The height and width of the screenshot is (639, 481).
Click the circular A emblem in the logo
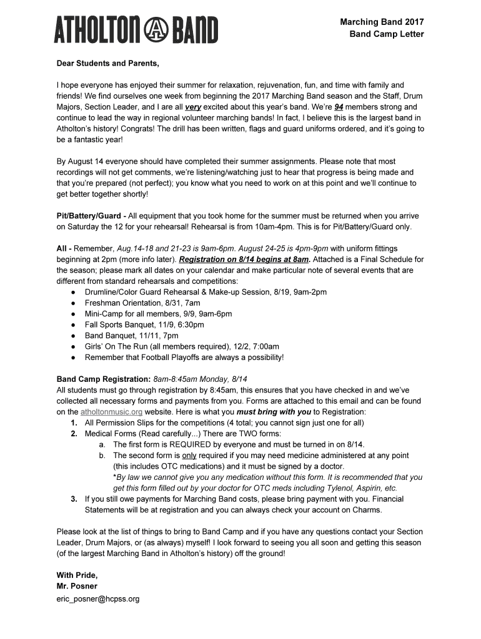[x=153, y=30]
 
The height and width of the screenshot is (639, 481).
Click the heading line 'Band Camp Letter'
[x=386, y=34]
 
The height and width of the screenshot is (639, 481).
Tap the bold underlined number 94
[x=339, y=107]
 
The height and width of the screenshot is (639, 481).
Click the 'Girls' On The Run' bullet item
[x=182, y=346]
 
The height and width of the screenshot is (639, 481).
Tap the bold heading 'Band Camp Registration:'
[x=103, y=379]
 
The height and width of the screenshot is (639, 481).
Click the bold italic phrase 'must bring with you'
[x=274, y=412]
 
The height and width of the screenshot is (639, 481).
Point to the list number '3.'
[x=74, y=499]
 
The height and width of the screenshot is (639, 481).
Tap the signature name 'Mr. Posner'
[x=77, y=586]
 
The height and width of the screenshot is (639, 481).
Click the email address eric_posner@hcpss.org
[x=98, y=598]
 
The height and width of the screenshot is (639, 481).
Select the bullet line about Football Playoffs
[x=184, y=358]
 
